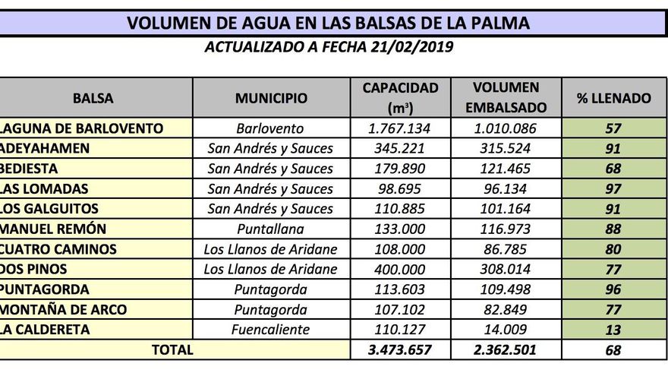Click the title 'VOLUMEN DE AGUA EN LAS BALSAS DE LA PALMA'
(328, 23)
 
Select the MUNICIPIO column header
(271, 98)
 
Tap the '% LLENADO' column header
(614, 98)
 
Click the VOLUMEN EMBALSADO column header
(506, 98)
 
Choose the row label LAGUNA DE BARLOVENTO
(82, 128)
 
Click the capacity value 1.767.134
(400, 128)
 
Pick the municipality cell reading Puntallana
(270, 229)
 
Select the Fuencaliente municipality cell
(270, 329)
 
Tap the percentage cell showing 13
(613, 329)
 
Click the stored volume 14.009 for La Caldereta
(506, 329)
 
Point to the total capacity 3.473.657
(400, 350)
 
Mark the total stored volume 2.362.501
(506, 350)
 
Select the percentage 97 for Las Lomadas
(613, 188)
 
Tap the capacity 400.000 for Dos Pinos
(400, 269)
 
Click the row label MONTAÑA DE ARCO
(63, 309)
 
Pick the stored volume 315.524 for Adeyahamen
(506, 148)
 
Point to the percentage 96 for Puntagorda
(613, 289)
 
